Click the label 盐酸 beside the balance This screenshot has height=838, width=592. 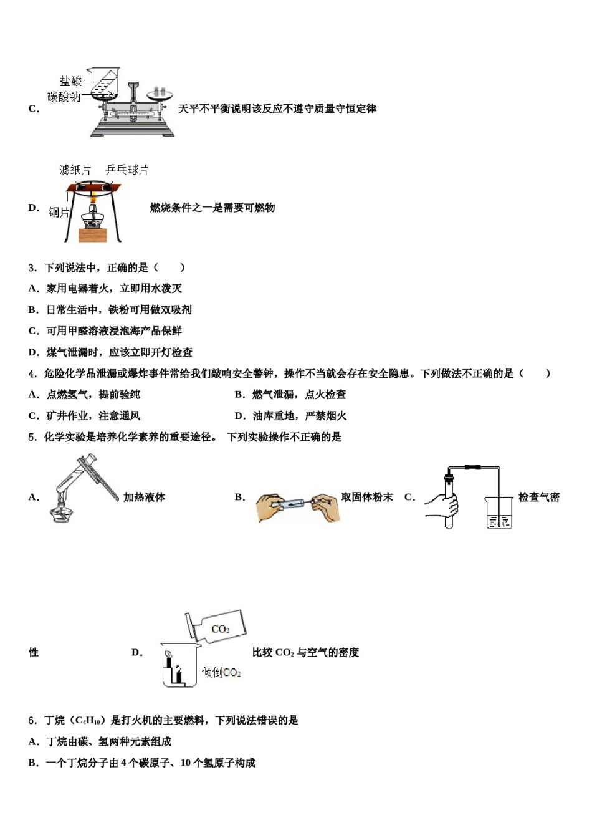pyautogui.click(x=70, y=81)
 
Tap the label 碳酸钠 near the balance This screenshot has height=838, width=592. pyautogui.click(x=64, y=97)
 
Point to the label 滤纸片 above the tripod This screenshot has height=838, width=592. pyautogui.click(x=75, y=170)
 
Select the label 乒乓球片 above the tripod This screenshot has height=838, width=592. pyautogui.click(x=127, y=170)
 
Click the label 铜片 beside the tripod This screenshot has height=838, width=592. pyautogui.click(x=59, y=213)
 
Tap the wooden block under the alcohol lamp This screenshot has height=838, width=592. pyautogui.click(x=93, y=234)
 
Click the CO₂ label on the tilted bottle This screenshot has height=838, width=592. pyautogui.click(x=221, y=629)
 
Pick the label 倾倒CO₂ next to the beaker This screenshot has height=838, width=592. pyautogui.click(x=221, y=673)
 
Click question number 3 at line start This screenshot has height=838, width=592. pyautogui.click(x=32, y=268)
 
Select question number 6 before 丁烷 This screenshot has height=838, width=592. pyautogui.click(x=32, y=721)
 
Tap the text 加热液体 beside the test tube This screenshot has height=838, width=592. pyautogui.click(x=144, y=497)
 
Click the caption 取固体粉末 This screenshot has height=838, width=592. pyautogui.click(x=367, y=497)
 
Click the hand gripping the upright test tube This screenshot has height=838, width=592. pyautogui.click(x=444, y=505)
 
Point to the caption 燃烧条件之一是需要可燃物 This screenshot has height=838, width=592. pyautogui.click(x=212, y=208)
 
